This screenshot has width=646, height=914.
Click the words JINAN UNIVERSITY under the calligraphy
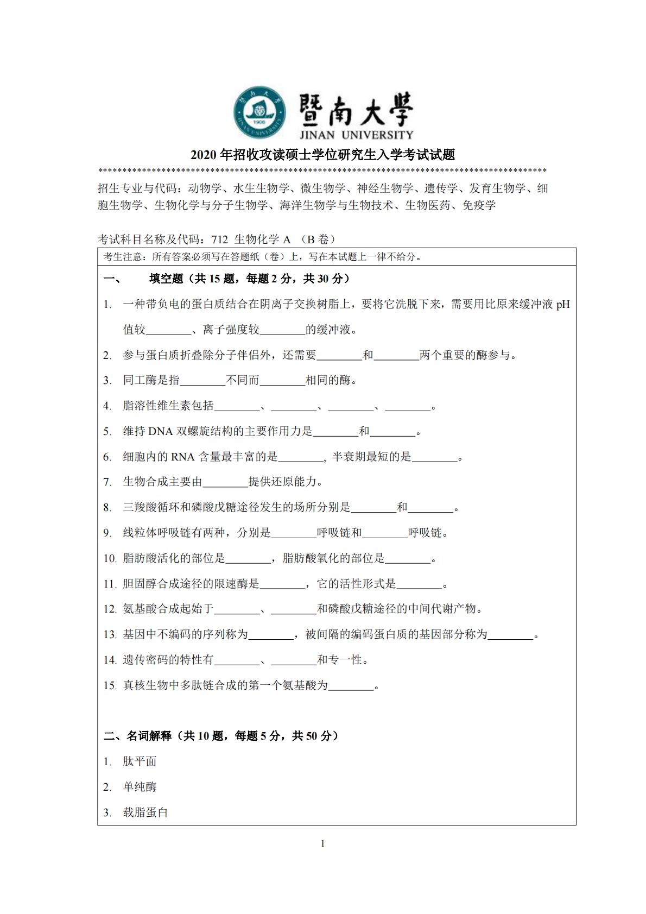tap(356, 135)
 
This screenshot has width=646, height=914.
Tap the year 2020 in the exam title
tap(204, 155)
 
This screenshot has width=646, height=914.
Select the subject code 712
tap(219, 239)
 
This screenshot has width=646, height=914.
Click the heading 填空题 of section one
tap(166, 279)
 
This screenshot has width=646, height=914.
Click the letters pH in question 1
tap(563, 304)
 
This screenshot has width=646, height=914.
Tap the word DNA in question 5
tap(160, 432)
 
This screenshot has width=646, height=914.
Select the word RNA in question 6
tap(182, 457)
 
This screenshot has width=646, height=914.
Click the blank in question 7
tap(225, 482)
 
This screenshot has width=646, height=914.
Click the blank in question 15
tap(351, 686)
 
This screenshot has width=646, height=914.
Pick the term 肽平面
tap(140, 762)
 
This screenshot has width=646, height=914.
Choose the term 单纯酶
tap(140, 787)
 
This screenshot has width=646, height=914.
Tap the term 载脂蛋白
tap(145, 813)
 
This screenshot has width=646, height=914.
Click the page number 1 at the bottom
tap(323, 844)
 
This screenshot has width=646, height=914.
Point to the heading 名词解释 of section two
tap(149, 736)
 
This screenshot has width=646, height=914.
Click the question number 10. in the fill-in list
tap(110, 559)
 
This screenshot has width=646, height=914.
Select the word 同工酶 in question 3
tap(140, 381)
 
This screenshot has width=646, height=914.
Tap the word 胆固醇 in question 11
tap(140, 584)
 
